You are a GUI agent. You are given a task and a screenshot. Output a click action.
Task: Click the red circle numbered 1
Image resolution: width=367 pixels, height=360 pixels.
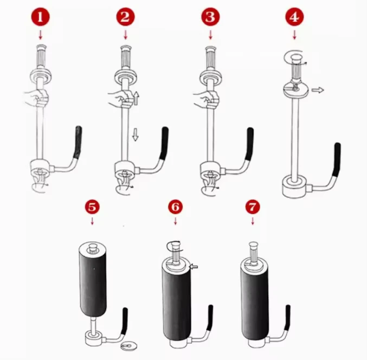tap(40, 17)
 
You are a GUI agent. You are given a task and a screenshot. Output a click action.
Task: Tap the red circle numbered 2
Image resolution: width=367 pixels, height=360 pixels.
tap(125, 17)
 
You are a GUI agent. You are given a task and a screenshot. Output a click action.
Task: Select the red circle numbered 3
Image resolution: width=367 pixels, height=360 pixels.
tap(210, 17)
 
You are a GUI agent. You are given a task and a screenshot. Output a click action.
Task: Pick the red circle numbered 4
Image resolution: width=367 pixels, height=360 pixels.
tap(294, 17)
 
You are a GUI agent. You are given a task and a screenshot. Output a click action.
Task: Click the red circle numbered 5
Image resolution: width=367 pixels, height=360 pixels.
tap(92, 207)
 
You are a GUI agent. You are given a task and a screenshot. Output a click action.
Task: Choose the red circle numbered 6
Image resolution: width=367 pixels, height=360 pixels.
tap(175, 207)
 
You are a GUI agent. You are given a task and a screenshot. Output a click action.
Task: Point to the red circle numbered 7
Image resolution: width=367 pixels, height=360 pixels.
tap(252, 207)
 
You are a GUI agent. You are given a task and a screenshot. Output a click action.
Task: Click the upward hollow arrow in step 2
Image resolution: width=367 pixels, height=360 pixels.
tap(137, 98)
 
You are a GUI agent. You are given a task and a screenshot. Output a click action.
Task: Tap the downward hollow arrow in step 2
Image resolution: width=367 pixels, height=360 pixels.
tap(136, 134)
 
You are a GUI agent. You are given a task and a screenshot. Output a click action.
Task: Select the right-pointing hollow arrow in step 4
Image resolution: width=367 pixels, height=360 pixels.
tap(318, 90)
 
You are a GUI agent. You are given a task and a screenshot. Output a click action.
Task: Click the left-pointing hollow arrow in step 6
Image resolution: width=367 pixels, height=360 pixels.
tap(194, 266)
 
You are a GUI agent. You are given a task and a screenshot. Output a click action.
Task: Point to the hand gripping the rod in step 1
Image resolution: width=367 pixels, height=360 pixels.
tap(36, 98)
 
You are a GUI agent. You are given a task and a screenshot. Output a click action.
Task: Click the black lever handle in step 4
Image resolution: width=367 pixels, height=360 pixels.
tap(337, 160)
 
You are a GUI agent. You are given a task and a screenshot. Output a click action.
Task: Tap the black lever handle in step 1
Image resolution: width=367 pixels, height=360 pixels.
tap(78, 142)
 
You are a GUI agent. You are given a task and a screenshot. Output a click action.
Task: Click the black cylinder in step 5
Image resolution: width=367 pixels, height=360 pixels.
tap(93, 280)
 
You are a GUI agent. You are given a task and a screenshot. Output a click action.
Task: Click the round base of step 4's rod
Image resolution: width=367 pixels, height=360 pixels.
tap(294, 187)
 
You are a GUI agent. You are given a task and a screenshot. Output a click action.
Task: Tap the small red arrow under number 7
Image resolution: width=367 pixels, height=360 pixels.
tap(252, 221)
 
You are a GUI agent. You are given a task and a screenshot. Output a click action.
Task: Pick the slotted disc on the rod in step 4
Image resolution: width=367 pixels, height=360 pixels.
tap(295, 89)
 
